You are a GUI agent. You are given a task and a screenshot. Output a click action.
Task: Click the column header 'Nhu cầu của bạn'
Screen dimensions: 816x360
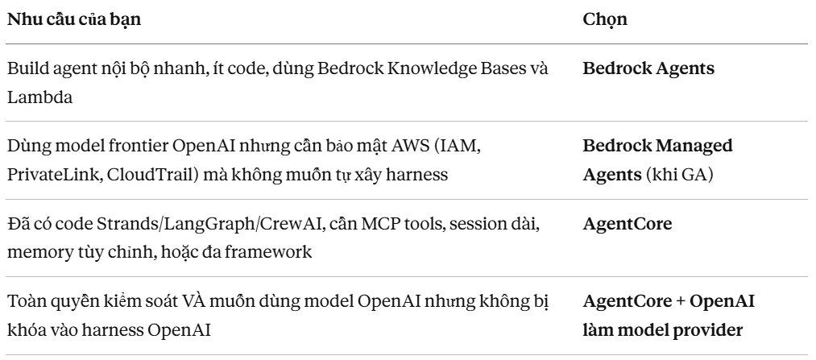click(x=74, y=19)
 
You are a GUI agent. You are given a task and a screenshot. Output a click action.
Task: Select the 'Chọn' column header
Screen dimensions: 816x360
click(x=605, y=20)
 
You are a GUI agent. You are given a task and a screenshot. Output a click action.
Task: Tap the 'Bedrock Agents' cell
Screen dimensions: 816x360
click(x=648, y=68)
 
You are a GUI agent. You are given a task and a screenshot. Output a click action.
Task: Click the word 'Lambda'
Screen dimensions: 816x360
click(x=39, y=97)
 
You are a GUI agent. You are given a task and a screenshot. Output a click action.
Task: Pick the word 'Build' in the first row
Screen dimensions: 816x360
click(x=24, y=68)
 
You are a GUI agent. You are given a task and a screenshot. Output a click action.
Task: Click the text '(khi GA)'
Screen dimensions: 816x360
click(x=679, y=175)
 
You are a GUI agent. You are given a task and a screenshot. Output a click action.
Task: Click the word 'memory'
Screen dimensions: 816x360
click(x=39, y=253)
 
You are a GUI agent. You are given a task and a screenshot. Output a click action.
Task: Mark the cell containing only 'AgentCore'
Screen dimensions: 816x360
click(x=628, y=224)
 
